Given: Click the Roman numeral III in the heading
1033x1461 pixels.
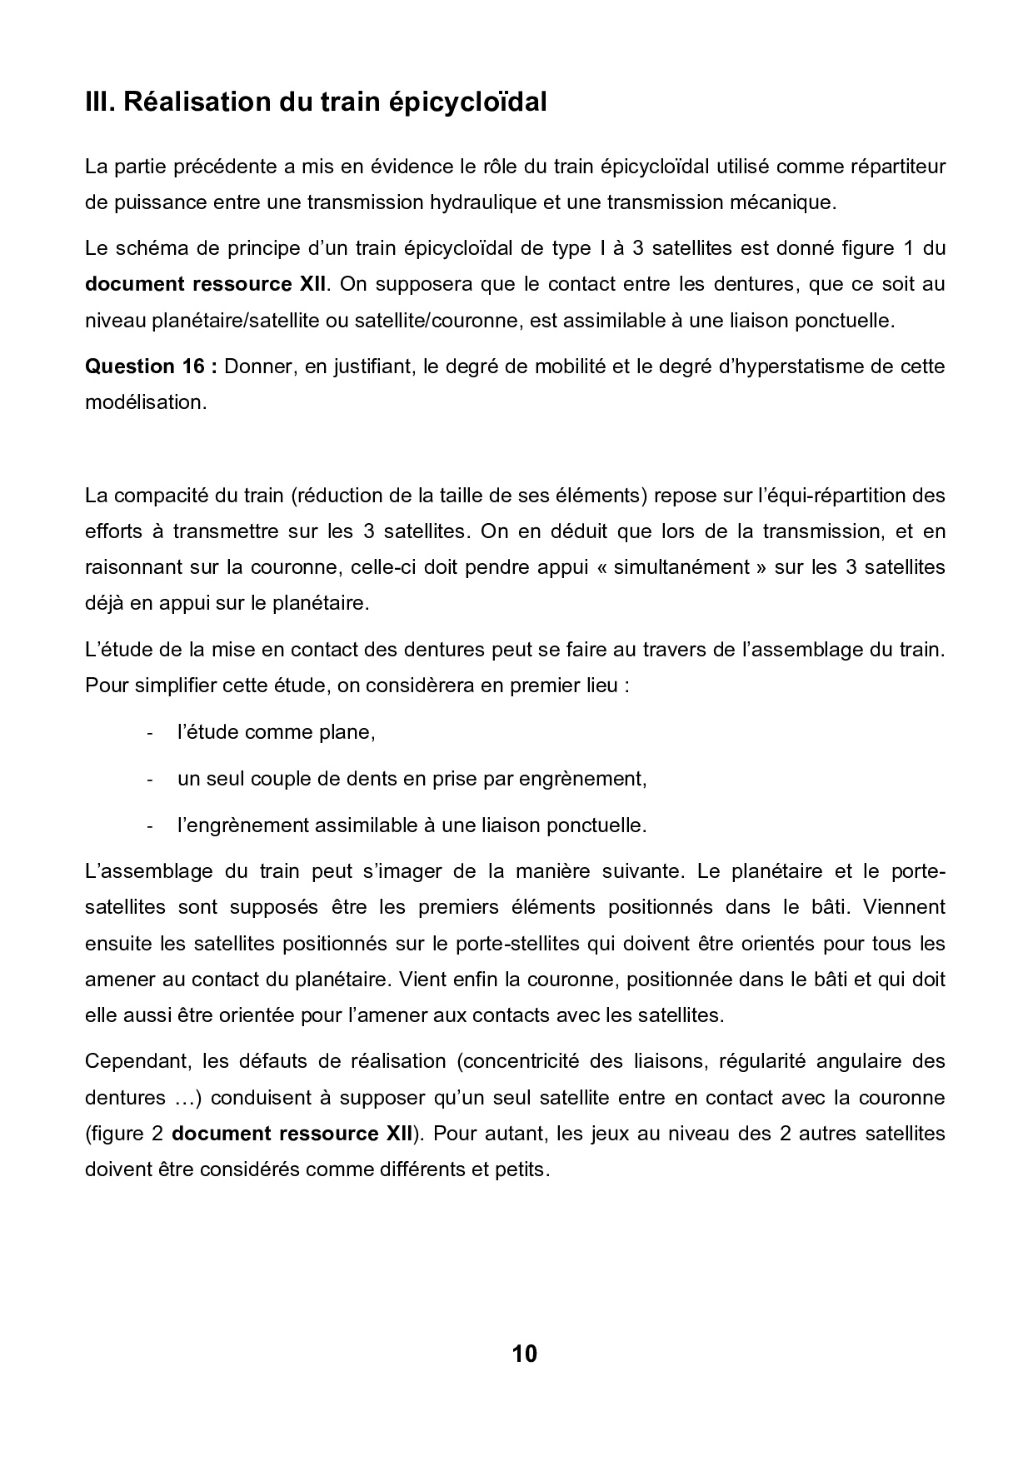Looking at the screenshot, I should point(100,102).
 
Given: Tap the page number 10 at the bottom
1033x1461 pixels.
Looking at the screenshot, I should point(525,1354).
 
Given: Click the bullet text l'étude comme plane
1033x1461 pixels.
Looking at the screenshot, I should point(276,733).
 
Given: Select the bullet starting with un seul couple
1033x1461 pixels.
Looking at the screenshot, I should point(412,780).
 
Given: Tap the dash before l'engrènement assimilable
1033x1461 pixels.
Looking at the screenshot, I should point(149,826).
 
